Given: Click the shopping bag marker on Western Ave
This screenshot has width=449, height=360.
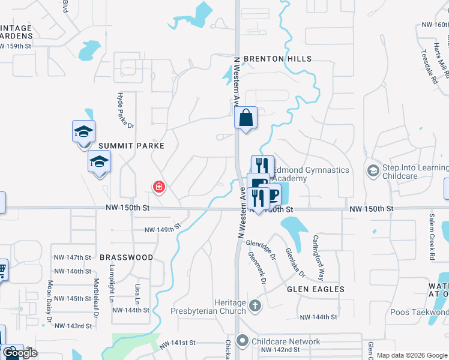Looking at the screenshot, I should pos(246,117).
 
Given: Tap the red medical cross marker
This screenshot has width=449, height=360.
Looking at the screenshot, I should pos(159,188).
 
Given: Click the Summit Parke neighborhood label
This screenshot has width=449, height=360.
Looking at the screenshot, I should pos(131,146).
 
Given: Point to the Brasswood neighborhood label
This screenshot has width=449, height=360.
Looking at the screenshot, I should pos(126,257).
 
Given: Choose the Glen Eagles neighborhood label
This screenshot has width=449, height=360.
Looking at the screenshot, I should pos(316,289).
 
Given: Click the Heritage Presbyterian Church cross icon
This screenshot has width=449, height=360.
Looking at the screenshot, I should pos(255,306).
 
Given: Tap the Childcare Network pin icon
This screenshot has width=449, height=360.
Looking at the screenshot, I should pos(243,341).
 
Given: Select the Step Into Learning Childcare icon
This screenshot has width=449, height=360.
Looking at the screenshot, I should pos(373,171).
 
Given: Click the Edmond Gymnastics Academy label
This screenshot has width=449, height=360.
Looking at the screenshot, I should pos(310,174).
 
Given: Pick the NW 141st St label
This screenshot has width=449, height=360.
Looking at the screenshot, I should pos(178,343).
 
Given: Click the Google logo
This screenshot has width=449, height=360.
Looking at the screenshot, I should pos(21,353).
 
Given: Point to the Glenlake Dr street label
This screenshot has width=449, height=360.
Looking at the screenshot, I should pos(295,263).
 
